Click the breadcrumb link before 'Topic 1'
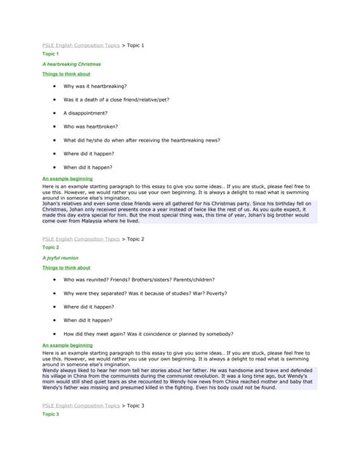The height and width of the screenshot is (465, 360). click(81, 45)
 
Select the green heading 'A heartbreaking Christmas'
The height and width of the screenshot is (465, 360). click(71, 64)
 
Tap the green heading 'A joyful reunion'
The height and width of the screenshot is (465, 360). click(60, 258)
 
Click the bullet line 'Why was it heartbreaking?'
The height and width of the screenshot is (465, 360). click(95, 86)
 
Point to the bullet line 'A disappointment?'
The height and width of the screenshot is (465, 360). click(85, 113)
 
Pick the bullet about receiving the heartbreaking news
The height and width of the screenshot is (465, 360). click(141, 140)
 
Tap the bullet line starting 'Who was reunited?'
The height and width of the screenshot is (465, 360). click(145, 279)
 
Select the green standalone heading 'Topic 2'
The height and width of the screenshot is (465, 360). click(51, 247)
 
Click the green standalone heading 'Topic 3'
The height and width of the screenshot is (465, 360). click(51, 413)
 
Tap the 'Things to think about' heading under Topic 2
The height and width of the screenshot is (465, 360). click(66, 267)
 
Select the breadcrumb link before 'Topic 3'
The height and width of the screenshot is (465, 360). click(81, 405)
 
